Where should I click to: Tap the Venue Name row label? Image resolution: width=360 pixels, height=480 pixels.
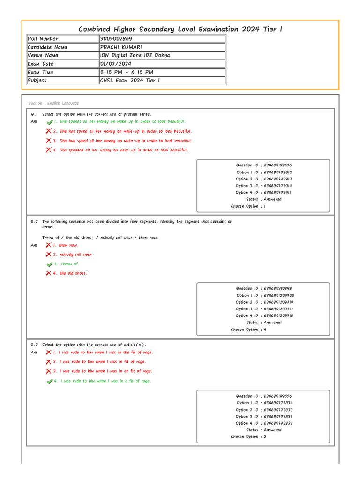tap(43, 55)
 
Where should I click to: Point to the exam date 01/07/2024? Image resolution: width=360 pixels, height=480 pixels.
tap(116, 64)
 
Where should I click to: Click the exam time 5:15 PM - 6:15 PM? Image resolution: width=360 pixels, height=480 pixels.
tap(126, 72)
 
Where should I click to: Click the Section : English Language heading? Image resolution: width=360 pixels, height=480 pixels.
tap(53, 103)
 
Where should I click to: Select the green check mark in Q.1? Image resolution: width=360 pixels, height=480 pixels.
tap(50, 122)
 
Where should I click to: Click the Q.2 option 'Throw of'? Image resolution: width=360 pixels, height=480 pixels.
tap(69, 264)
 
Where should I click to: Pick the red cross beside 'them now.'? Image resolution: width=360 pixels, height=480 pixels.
tap(48, 245)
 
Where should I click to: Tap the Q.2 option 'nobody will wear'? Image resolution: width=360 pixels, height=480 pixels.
tap(75, 255)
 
